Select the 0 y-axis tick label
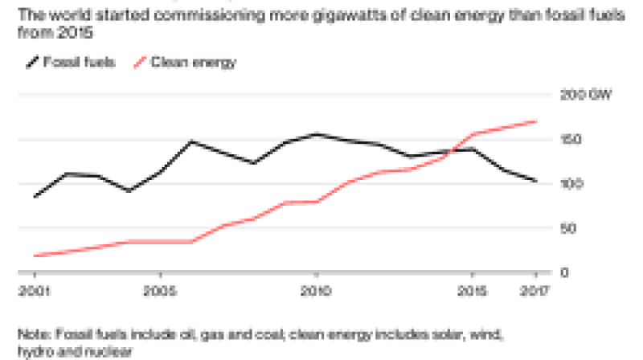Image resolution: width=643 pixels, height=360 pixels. pos(564,272)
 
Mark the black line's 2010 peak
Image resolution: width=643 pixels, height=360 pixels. pos(317,134)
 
